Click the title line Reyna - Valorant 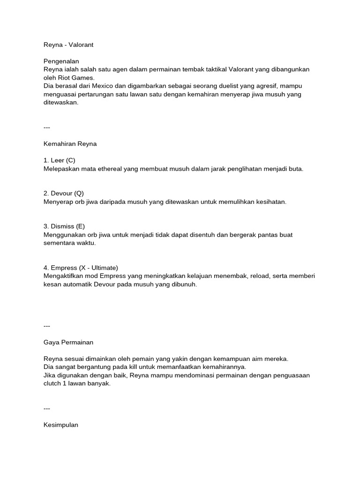point(68,45)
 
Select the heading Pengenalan point(61,61)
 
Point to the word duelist point(232,86)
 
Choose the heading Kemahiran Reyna point(70,144)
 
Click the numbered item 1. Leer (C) point(59,160)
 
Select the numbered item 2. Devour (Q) point(63,193)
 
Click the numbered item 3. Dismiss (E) point(64,226)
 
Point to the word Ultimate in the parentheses point(103,267)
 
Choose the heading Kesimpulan point(60,425)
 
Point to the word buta point(296,169)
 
